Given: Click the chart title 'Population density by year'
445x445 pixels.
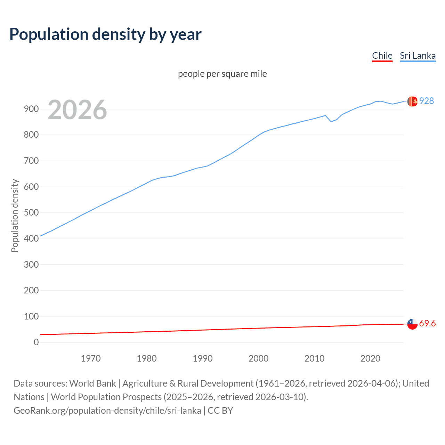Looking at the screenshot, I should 105,34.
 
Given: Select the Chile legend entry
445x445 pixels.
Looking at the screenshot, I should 382,56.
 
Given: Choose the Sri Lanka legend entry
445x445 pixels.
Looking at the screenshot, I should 418,56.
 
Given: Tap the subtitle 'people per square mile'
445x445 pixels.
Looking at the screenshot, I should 222,74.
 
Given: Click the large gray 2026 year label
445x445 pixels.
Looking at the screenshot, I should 77,110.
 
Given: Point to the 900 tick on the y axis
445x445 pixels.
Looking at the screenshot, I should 31,109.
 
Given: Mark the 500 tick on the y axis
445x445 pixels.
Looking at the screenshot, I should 31,212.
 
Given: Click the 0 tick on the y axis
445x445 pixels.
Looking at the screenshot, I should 36,342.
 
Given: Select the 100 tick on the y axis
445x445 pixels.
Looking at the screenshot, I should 31,316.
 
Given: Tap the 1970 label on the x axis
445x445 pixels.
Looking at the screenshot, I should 91,358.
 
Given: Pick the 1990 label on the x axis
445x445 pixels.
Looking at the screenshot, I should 203,358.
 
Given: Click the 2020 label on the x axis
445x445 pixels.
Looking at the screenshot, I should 370,358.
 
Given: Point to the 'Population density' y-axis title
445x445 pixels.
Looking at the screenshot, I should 15,216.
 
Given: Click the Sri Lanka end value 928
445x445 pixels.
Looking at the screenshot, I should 427,101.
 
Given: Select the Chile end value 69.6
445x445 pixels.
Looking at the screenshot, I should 427,323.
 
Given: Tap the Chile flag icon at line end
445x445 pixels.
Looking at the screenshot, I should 412,324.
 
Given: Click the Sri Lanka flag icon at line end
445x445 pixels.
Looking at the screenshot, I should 412,101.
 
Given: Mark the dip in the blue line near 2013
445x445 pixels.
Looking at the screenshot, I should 331,121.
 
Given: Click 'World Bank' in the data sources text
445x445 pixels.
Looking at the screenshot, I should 92,383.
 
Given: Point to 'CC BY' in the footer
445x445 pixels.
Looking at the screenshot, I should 220,410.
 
